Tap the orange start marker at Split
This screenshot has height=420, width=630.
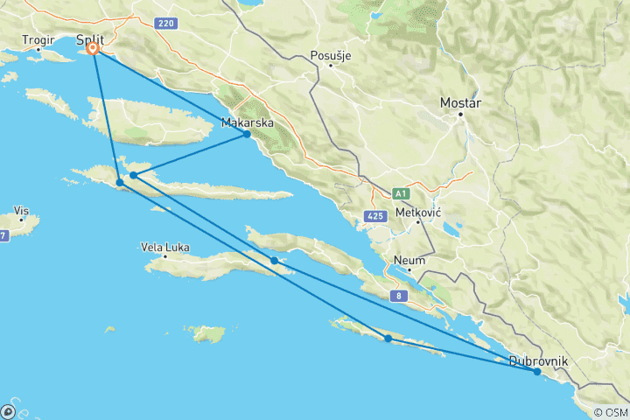[x=93, y=50]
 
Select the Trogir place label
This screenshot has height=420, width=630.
[x=38, y=39]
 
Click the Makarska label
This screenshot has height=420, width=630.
[x=248, y=122]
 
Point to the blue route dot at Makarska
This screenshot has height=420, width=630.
[x=248, y=134]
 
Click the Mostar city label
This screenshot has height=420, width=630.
[x=462, y=102]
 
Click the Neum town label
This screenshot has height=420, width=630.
[x=409, y=260]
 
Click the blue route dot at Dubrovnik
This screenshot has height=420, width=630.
[x=537, y=372]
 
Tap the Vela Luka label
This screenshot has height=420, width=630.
[x=165, y=247]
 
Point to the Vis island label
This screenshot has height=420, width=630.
[x=23, y=211]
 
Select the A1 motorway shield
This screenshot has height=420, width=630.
[x=401, y=193]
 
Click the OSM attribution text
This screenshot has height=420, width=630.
[x=610, y=412]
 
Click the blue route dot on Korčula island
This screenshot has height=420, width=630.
[x=275, y=260]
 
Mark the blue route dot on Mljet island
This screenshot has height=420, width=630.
[x=388, y=338]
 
